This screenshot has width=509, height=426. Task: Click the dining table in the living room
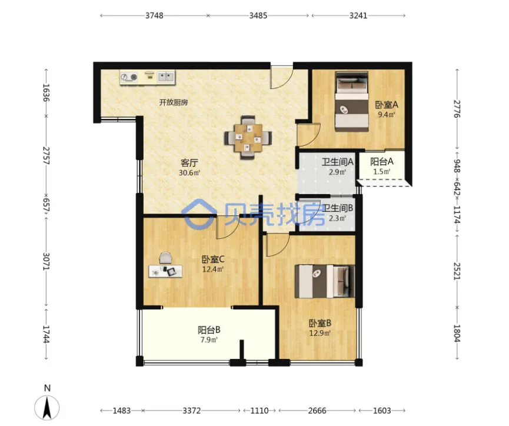pos(248,138)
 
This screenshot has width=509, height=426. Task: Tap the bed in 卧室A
pos(352,101)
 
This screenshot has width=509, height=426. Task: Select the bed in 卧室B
pos(325,281)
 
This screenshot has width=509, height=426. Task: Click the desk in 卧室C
pos(165,271)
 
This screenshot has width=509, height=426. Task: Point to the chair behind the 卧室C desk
pos(165,258)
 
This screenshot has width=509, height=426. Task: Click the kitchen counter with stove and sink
pos(147,78)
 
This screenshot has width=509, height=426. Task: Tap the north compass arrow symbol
pos(47,408)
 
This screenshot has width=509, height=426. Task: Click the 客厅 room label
pos(189,162)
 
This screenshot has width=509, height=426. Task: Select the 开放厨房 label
pos(174,102)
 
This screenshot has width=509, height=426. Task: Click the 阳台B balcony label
pos(209,330)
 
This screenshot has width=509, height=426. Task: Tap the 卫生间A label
pos(338,162)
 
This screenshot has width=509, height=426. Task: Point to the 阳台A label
pos(382,161)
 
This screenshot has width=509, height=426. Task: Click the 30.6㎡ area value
pos(189,173)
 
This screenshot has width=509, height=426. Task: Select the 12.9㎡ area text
pos(320,333)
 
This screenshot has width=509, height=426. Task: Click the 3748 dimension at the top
pos(154,15)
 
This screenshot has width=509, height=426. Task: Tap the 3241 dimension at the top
pos(358,15)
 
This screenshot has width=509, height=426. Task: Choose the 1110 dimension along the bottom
pos(260,411)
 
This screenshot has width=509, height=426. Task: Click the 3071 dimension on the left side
pos(46,262)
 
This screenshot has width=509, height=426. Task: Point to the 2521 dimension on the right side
pos(457,271)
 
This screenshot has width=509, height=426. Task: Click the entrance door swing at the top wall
pos(282,77)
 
